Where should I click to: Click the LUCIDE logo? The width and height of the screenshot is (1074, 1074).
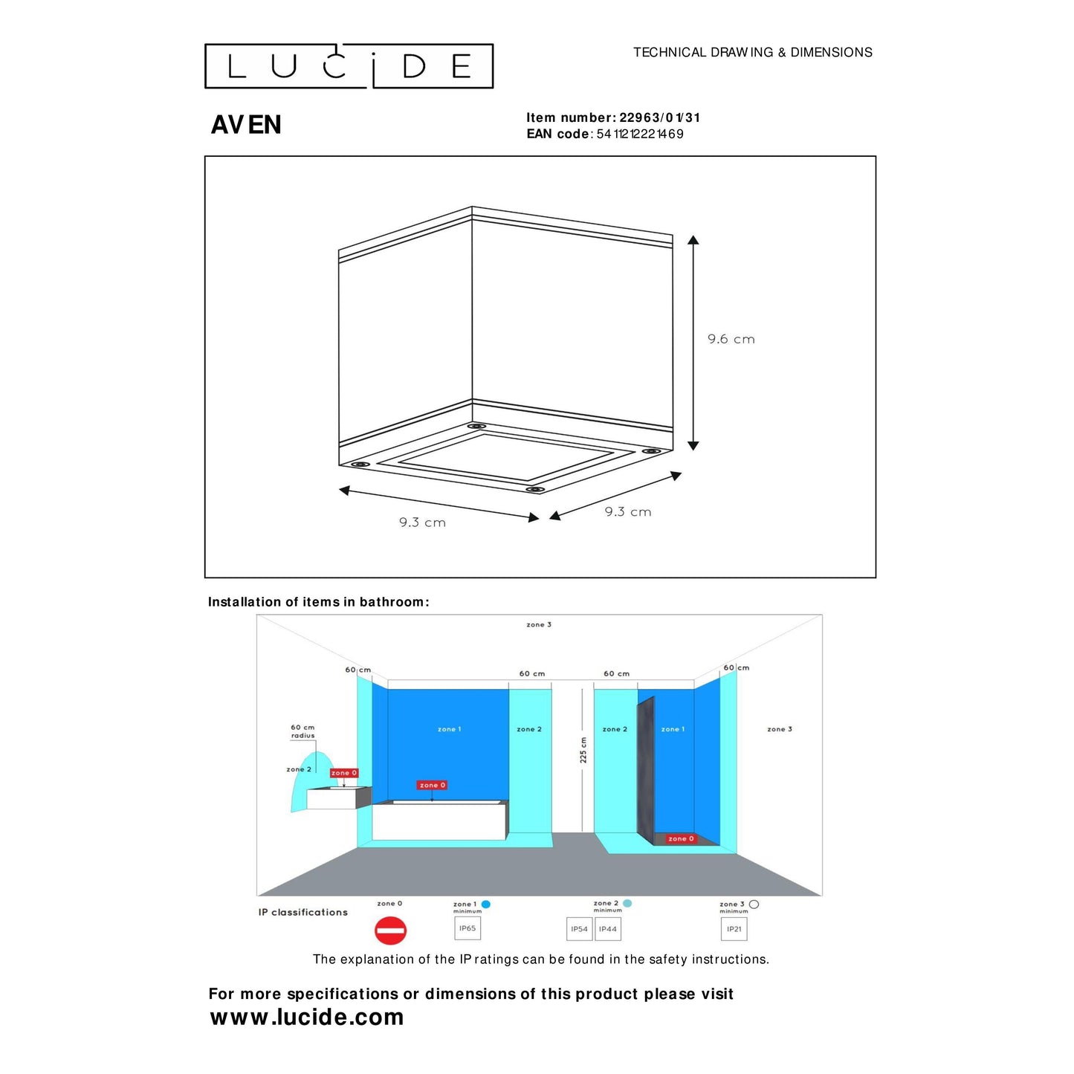pyautogui.click(x=349, y=66)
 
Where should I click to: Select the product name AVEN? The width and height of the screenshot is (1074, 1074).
pyautogui.click(x=246, y=125)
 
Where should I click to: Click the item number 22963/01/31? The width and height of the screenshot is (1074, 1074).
pyautogui.click(x=659, y=117)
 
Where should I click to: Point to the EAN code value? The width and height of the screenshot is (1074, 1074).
pyautogui.click(x=639, y=134)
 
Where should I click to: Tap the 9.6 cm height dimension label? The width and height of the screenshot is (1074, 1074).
pyautogui.click(x=731, y=339)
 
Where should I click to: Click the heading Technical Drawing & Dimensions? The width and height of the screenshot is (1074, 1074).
pyautogui.click(x=752, y=52)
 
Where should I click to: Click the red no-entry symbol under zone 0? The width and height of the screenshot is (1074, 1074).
pyautogui.click(x=390, y=931)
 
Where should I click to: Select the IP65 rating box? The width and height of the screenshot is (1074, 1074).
pyautogui.click(x=468, y=928)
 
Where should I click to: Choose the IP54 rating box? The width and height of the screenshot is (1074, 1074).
pyautogui.click(x=579, y=929)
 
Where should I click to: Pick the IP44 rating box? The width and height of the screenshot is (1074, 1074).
pyautogui.click(x=608, y=929)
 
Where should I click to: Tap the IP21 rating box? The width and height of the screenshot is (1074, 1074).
pyautogui.click(x=734, y=929)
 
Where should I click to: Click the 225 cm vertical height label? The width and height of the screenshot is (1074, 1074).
pyautogui.click(x=583, y=750)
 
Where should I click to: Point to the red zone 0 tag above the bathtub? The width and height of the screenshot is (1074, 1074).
pyautogui.click(x=432, y=785)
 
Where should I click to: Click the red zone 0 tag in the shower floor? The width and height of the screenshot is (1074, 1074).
pyautogui.click(x=680, y=838)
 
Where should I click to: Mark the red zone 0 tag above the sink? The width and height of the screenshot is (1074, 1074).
pyautogui.click(x=344, y=773)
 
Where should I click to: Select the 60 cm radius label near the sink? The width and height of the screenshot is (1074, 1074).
pyautogui.click(x=303, y=731)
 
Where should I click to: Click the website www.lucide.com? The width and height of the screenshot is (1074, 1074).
pyautogui.click(x=306, y=1017)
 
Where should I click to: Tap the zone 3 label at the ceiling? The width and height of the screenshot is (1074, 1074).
pyautogui.click(x=539, y=624)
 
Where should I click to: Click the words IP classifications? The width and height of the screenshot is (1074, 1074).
pyautogui.click(x=303, y=912)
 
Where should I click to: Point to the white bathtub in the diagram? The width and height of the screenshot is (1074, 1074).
pyautogui.click(x=439, y=821)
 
